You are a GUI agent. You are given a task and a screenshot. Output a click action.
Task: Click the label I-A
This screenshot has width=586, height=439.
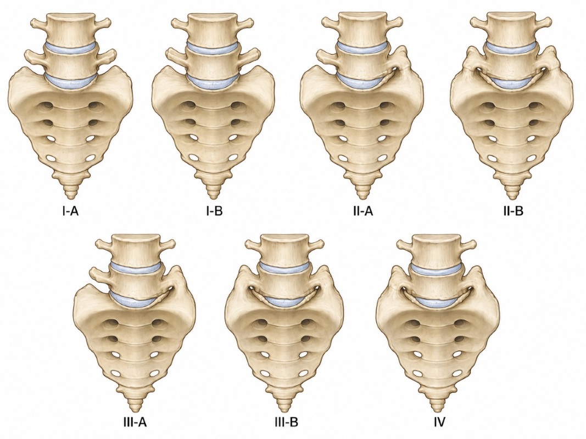click(x=70, y=211)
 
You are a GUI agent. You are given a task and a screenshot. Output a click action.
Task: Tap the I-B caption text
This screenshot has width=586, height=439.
click(x=214, y=211)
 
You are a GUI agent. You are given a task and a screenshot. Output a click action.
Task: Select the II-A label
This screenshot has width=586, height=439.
click(x=362, y=211)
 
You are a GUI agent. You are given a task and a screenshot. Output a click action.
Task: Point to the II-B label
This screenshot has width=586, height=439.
click(x=513, y=211)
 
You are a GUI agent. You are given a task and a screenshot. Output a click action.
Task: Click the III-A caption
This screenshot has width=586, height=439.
click(x=135, y=422)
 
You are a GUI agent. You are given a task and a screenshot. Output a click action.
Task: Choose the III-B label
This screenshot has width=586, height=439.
click(x=286, y=422)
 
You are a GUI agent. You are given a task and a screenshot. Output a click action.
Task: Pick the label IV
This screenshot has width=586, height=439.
click(x=440, y=422)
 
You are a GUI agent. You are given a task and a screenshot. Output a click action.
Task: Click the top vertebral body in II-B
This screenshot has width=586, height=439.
click(x=511, y=29)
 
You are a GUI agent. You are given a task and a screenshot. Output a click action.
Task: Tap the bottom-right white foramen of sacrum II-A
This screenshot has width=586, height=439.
click(x=382, y=158)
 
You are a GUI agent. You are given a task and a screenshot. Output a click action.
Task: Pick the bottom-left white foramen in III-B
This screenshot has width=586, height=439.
click(x=266, y=373)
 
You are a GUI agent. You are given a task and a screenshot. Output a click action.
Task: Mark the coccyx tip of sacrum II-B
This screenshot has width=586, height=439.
click(x=511, y=197)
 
